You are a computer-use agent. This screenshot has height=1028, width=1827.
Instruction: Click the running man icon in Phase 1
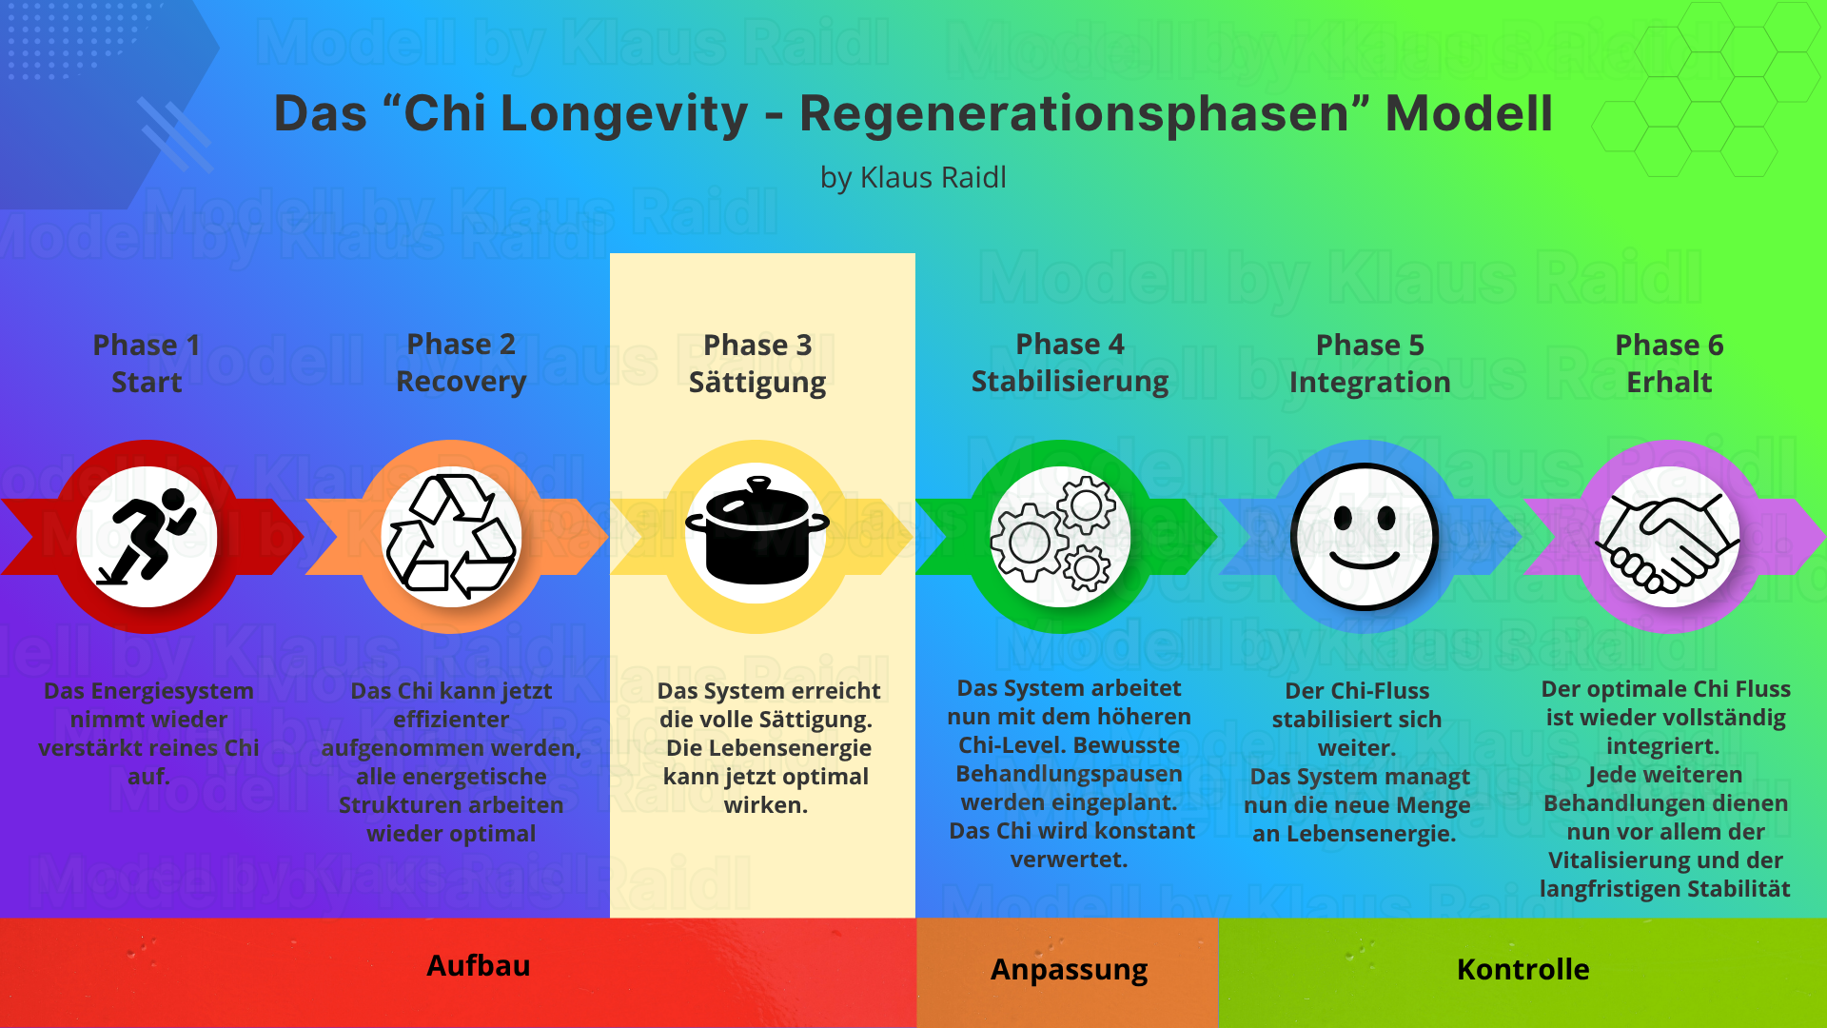[x=147, y=537]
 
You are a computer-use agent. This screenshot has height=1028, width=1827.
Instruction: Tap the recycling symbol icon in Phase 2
[x=452, y=537]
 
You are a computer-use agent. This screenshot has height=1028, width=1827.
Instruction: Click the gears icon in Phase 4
[x=1060, y=537]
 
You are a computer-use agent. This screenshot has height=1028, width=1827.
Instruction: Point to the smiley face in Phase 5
[x=1365, y=537]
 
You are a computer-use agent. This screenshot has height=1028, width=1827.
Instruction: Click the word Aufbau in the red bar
[x=479, y=965]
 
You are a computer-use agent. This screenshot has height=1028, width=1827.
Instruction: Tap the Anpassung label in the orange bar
[x=1069, y=969]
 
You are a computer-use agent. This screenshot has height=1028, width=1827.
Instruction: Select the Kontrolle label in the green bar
[x=1522, y=969]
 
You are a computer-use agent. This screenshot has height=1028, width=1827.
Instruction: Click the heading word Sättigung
[x=757, y=383]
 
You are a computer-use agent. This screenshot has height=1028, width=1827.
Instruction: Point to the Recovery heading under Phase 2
[x=461, y=382]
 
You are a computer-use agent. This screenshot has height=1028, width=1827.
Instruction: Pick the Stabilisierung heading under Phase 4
[x=1070, y=382]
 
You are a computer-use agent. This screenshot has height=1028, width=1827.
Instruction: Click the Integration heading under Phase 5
[x=1369, y=383]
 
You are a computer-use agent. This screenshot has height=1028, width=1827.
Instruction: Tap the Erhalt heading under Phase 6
[x=1669, y=383]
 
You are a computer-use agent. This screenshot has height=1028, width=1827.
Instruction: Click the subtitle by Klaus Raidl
[x=913, y=178]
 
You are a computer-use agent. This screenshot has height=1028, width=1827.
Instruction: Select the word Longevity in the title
[x=624, y=114]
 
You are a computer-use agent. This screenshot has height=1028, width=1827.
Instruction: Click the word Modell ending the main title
[x=1468, y=114]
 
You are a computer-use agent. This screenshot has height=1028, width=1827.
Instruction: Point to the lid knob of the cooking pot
[x=757, y=484]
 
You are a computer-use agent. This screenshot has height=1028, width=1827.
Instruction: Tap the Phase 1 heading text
[x=147, y=345]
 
